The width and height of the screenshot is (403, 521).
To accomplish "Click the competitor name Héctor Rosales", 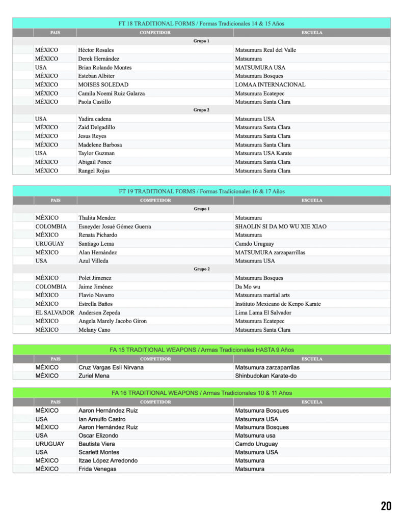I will click(96, 50).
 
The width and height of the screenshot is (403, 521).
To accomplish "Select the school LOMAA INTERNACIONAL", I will click(270, 84).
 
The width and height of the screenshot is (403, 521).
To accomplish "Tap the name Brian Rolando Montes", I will click(104, 67).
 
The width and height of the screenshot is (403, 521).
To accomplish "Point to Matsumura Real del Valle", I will click(265, 50).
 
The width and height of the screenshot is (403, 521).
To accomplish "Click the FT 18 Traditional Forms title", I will click(201, 23).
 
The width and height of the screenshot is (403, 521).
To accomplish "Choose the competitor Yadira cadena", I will click(95, 119).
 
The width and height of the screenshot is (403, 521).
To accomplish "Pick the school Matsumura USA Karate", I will click(260, 153).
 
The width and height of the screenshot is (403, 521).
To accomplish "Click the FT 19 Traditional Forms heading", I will click(201, 191).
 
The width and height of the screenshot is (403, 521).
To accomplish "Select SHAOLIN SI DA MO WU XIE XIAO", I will click(281, 226).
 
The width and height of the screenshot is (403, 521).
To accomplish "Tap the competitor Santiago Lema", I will click(96, 244).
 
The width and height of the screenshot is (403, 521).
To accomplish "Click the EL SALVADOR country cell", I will click(55, 312).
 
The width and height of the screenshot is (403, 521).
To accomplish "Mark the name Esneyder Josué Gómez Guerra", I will click(115, 226).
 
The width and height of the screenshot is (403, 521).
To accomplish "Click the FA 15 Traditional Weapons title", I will click(201, 350).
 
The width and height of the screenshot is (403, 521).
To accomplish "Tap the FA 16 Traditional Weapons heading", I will click(201, 393).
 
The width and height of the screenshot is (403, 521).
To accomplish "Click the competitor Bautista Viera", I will click(96, 444).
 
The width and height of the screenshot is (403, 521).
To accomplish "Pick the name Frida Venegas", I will click(97, 469).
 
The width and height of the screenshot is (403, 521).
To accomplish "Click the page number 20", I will click(386, 506).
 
